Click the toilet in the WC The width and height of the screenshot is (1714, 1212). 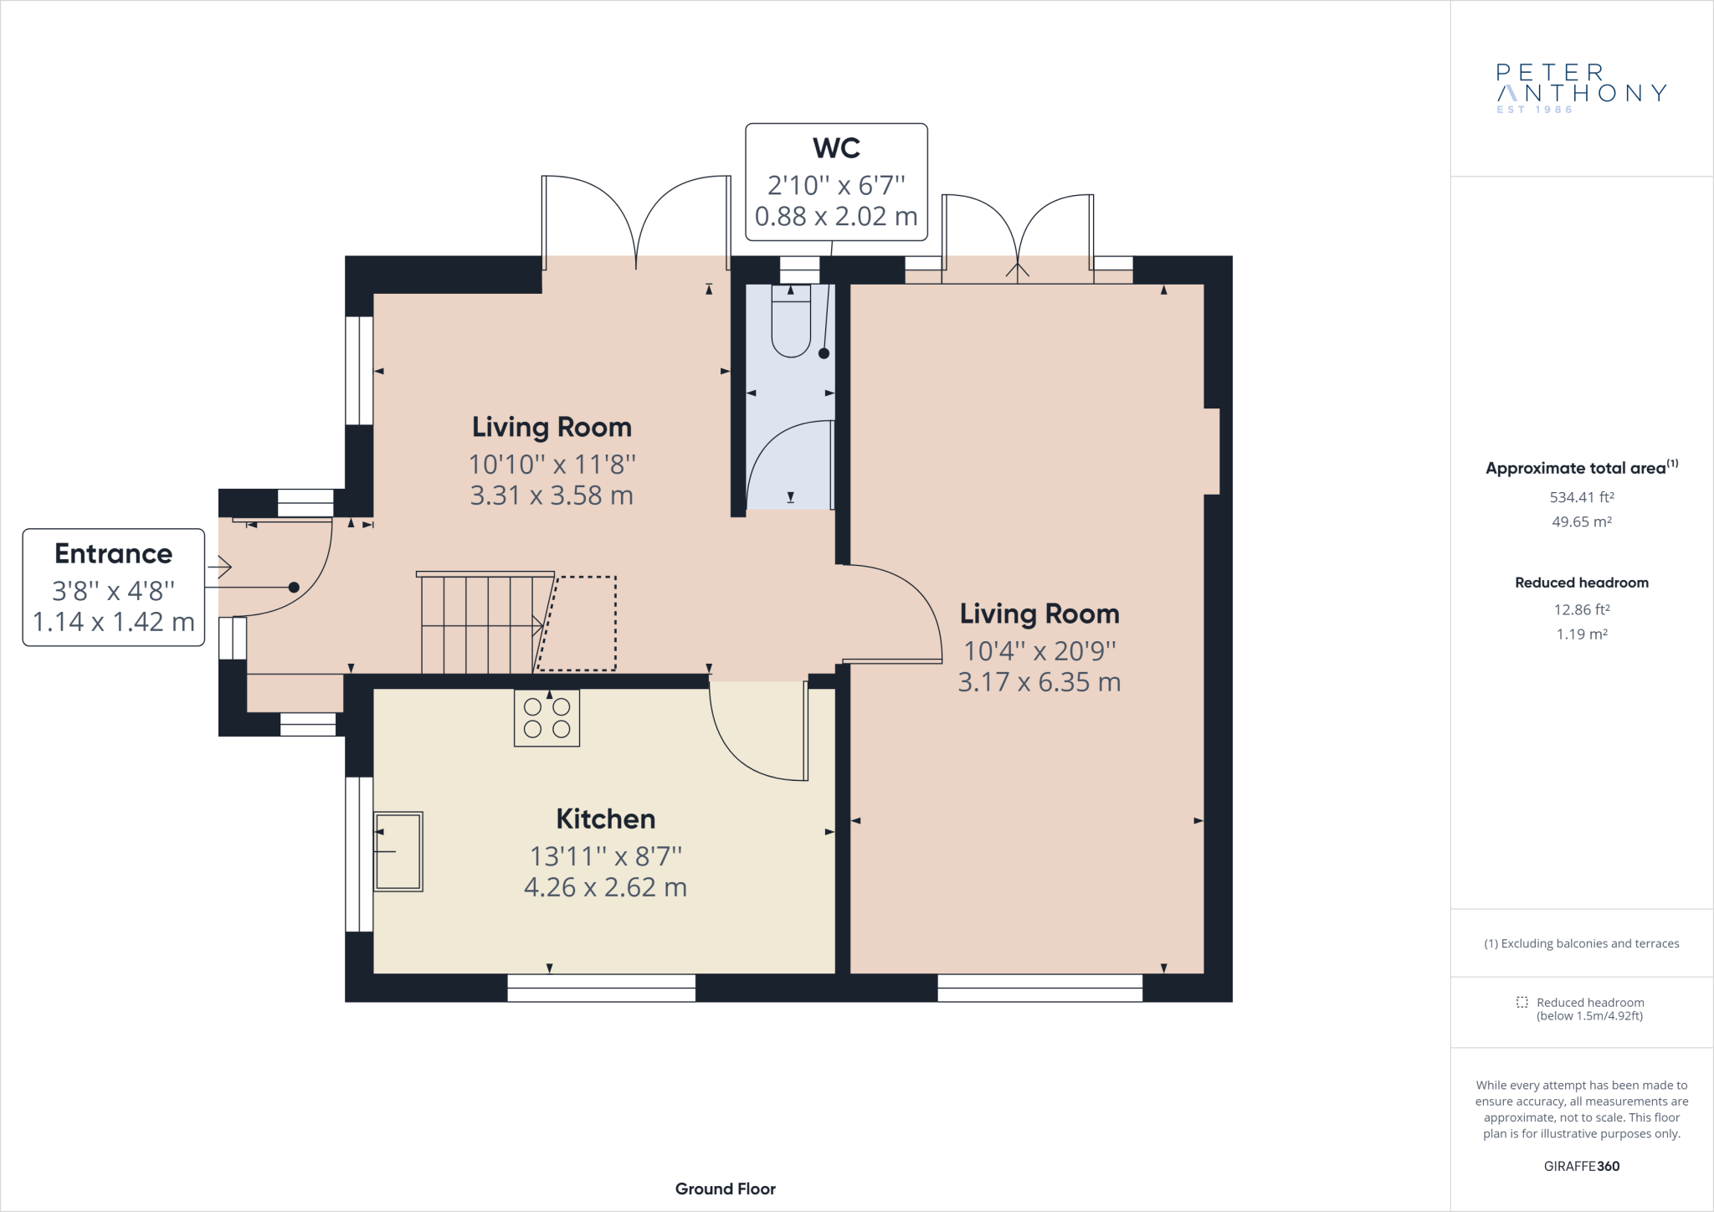point(791,321)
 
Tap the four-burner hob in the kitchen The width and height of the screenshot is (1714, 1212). point(547,718)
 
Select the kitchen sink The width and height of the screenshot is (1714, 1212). point(398,851)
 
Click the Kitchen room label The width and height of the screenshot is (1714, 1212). point(606,819)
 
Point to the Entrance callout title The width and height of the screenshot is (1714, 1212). point(114,554)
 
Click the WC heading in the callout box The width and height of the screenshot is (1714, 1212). point(837,148)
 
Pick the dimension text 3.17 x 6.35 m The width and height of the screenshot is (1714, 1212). point(1039,682)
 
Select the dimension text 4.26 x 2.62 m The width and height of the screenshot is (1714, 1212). point(606,887)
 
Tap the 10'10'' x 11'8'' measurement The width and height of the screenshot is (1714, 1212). point(552,464)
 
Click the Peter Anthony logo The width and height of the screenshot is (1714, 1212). point(1582,88)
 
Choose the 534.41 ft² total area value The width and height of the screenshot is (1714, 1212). point(1582,497)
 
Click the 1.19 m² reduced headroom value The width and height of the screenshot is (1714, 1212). point(1582,634)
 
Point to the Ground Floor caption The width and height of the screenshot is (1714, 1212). point(726,1189)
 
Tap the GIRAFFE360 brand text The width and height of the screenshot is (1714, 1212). point(1582,1166)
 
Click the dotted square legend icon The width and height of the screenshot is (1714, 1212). point(1522,1002)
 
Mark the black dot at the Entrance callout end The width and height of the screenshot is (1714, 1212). point(294,588)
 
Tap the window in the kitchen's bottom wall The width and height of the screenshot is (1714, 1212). point(602,988)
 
